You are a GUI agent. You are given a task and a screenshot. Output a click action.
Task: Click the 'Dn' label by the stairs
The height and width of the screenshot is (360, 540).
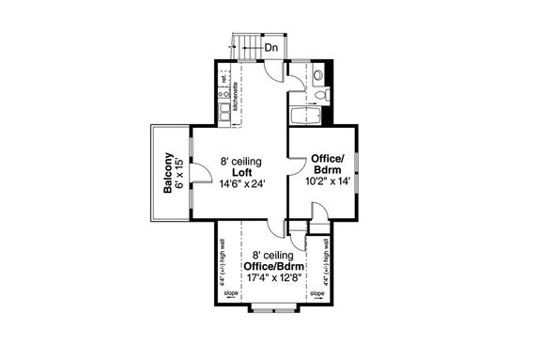tap(270, 47)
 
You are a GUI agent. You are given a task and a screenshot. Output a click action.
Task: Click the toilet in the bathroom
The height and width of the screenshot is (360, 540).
tap(322, 95)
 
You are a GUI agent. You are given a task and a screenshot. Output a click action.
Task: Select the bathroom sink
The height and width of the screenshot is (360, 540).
tap(318, 73)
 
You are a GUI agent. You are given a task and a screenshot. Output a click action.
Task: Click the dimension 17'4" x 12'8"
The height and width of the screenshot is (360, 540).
tap(270, 277)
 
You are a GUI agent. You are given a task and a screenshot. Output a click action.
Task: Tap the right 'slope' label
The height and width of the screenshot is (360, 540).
tap(316, 293)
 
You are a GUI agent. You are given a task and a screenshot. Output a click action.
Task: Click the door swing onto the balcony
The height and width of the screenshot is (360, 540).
tap(199, 172)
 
